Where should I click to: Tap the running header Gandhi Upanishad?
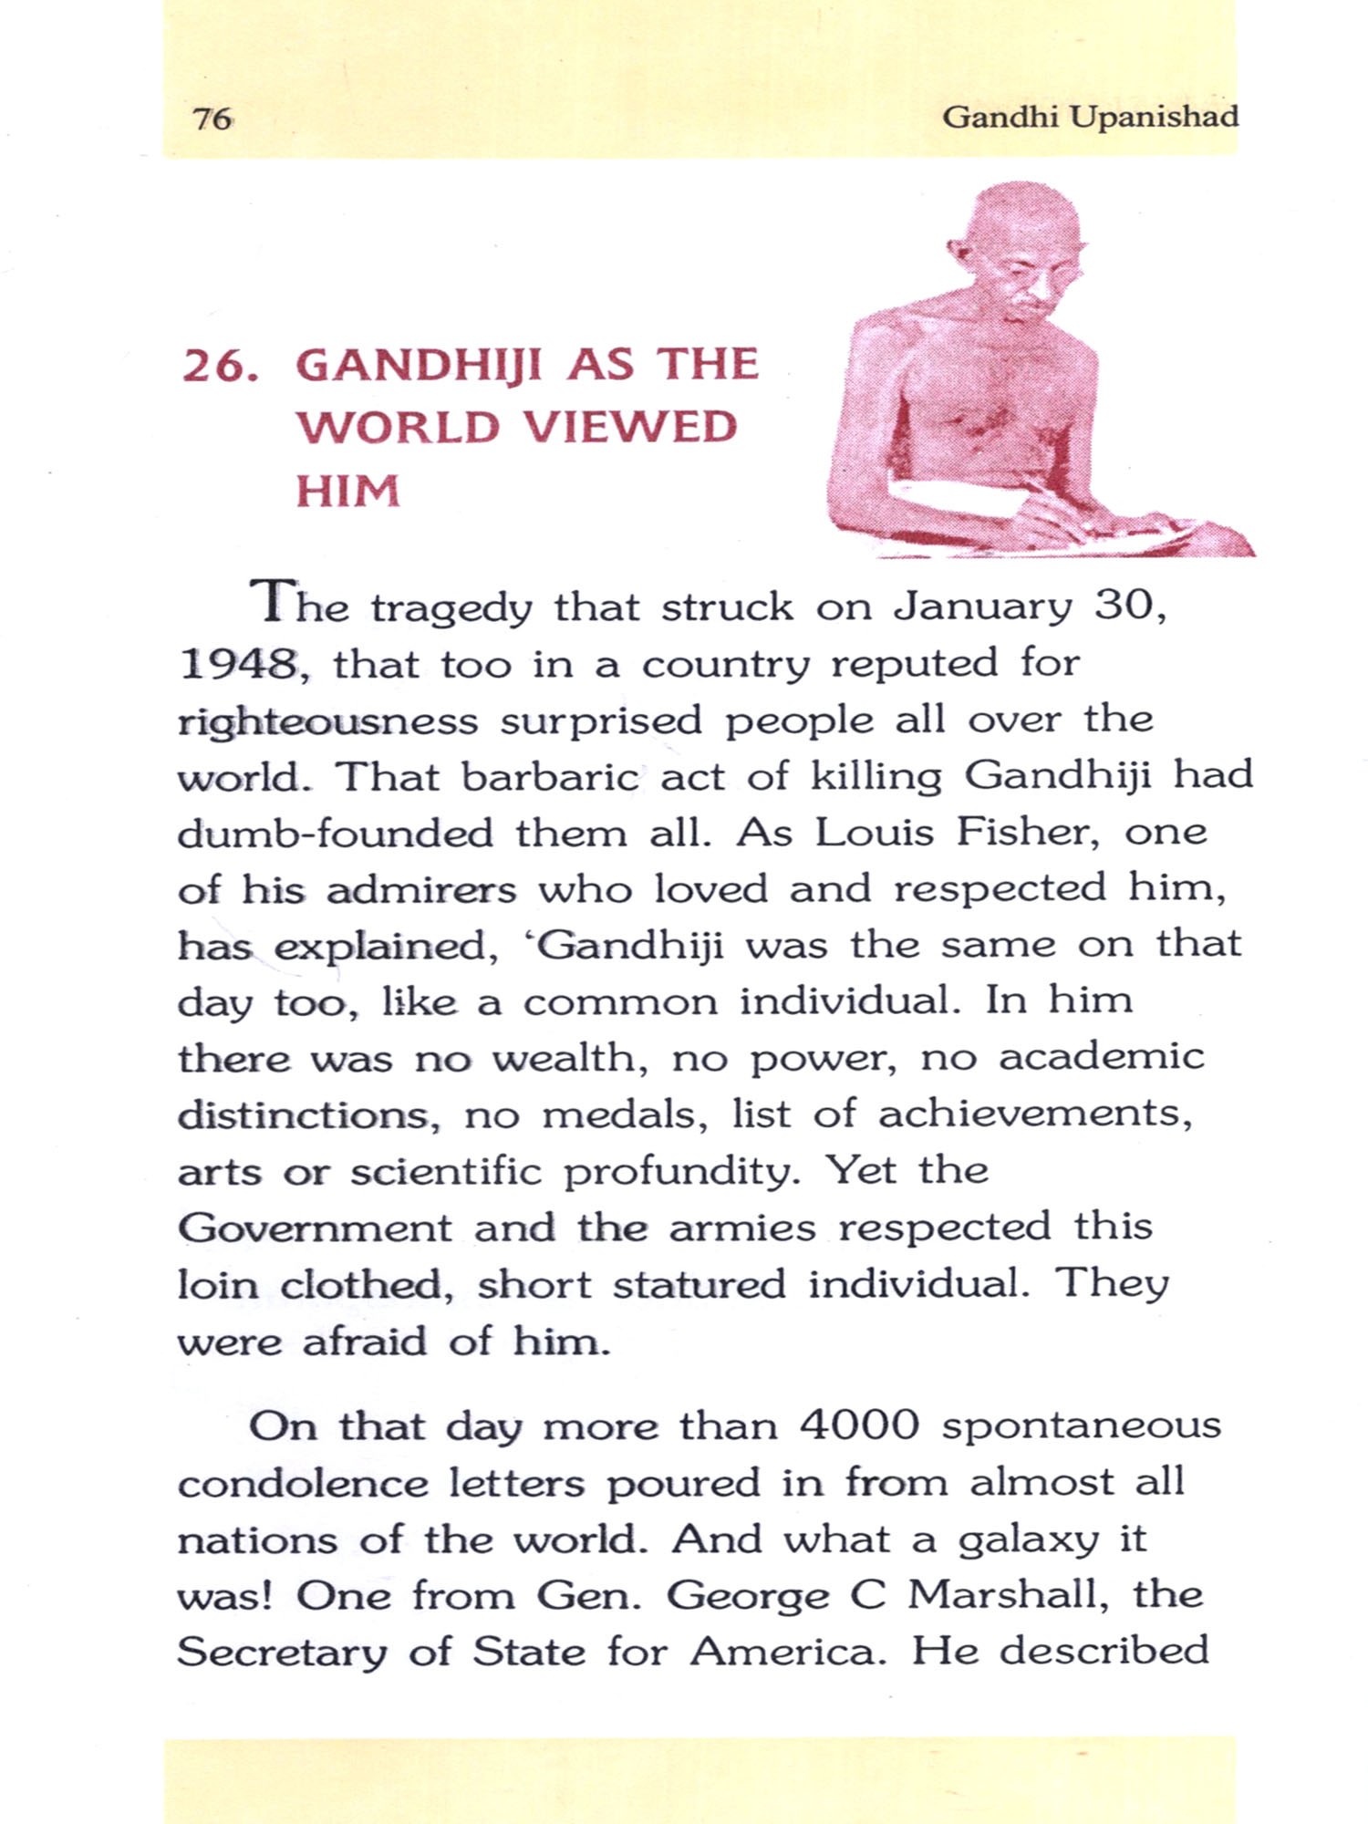point(1090,117)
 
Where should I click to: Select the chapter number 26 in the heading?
point(215,366)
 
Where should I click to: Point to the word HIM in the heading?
point(347,491)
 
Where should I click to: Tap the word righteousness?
point(327,721)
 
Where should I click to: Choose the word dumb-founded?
point(335,834)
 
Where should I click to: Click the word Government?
point(315,1228)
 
